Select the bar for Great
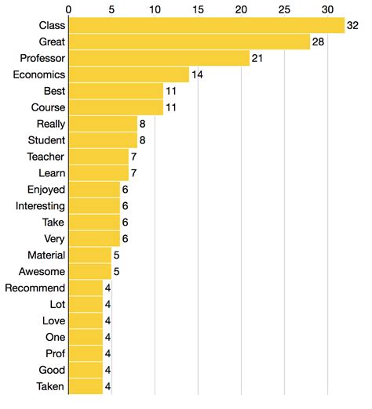click(190, 42)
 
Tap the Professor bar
click(159, 58)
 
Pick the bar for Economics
click(129, 74)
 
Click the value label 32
click(353, 25)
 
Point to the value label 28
click(319, 42)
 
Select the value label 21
click(258, 58)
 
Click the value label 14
click(198, 74)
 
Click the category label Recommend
click(35, 288)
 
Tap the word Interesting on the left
click(40, 206)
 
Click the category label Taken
click(51, 386)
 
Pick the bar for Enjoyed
click(94, 190)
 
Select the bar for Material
click(90, 255)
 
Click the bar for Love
click(86, 321)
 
